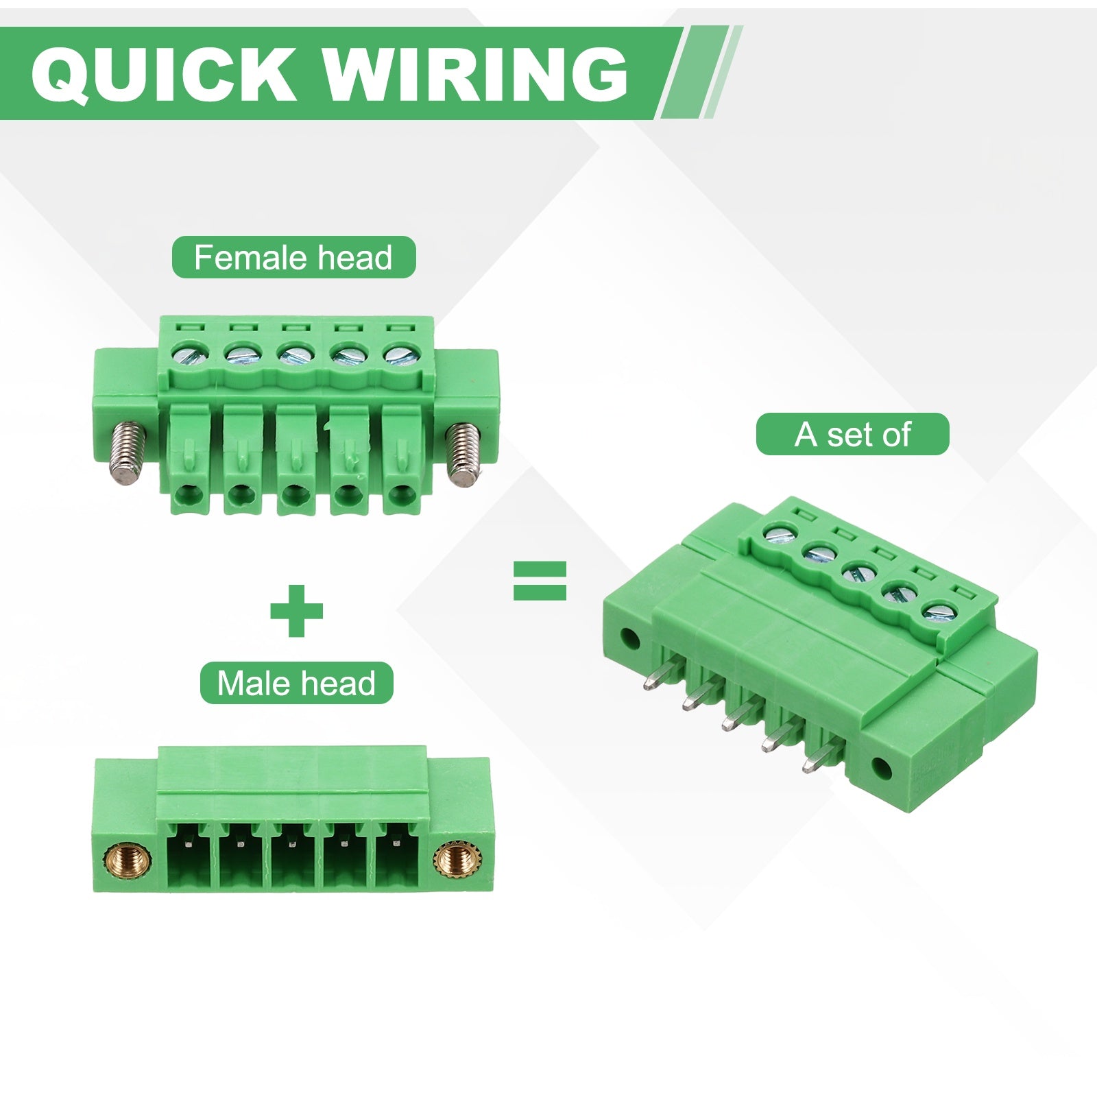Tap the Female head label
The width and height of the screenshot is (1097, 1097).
(293, 257)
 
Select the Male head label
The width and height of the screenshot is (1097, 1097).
(296, 683)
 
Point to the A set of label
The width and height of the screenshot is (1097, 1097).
(852, 434)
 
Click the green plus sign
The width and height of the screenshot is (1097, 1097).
(296, 610)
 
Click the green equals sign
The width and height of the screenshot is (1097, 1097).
(540, 581)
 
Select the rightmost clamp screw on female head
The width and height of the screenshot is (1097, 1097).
(398, 355)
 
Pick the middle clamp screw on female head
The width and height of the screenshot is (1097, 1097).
(293, 356)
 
